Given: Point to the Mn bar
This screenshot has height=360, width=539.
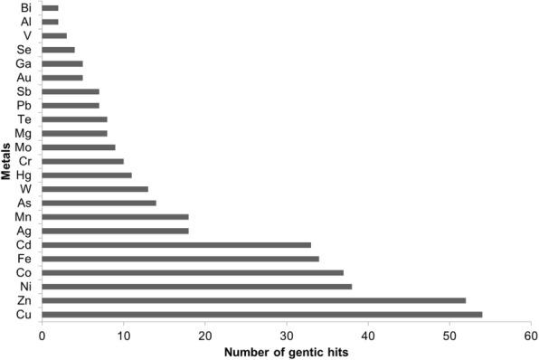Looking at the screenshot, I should [x=115, y=217].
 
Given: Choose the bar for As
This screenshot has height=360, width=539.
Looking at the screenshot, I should [x=99, y=203].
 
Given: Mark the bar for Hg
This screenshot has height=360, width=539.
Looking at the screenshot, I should [x=87, y=175].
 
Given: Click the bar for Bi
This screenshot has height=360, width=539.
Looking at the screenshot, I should [x=50, y=7].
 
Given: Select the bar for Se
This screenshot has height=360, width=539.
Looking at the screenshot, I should [x=58, y=49].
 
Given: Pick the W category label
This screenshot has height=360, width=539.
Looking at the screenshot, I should [x=26, y=189].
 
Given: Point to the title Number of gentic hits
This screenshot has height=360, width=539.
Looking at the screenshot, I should [x=286, y=351].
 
